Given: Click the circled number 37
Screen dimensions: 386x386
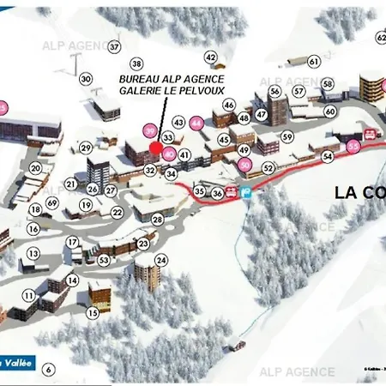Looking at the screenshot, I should [x=114, y=46].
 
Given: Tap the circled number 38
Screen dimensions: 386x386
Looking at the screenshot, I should [x=136, y=63].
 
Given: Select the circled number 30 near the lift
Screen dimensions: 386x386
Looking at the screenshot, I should [x=86, y=79].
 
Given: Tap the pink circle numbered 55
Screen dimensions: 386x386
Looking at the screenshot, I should [x=354, y=147].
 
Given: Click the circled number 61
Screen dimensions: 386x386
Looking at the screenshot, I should [x=314, y=61].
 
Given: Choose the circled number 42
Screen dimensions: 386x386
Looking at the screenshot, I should [x=211, y=57].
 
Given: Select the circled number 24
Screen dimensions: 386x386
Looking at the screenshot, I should [x=160, y=260].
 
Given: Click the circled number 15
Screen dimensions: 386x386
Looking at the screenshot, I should [x=93, y=313].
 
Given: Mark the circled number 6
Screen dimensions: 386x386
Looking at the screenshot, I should [x=48, y=370].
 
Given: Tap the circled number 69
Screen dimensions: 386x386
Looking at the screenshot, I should [x=52, y=202].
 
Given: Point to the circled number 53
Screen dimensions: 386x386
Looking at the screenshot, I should [x=104, y=260].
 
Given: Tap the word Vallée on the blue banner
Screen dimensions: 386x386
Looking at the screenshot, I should [x=19, y=363].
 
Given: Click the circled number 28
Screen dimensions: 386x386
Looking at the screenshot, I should [x=158, y=219].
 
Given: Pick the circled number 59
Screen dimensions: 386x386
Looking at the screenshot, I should [x=287, y=137].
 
